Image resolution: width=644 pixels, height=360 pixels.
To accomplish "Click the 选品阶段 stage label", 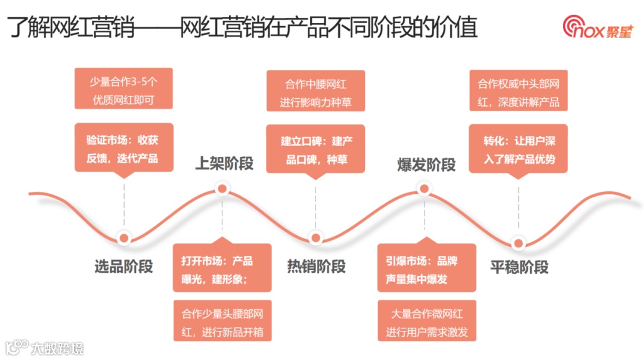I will (x=123, y=266).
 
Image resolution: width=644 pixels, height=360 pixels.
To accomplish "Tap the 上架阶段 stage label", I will (x=224, y=163).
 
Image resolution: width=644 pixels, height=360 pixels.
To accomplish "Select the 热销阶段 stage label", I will (x=316, y=266).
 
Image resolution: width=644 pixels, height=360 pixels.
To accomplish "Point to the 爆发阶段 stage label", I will (x=426, y=165).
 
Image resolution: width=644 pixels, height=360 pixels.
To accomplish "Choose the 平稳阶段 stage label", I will (x=519, y=267).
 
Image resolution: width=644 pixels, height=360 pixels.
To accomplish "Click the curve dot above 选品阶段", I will (x=124, y=237).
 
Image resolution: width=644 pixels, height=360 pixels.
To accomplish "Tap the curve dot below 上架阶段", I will (x=222, y=190).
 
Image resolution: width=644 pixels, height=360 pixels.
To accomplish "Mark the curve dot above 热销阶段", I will (x=315, y=237).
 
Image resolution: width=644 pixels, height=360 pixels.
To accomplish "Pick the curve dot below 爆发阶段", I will (x=425, y=190).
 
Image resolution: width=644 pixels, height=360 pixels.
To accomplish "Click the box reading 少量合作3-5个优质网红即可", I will (x=123, y=89).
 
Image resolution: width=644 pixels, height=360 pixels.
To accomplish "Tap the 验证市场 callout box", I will (x=124, y=148).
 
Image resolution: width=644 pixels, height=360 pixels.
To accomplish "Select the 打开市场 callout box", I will (x=222, y=269).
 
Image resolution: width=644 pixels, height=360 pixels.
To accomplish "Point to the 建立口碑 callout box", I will (x=315, y=149).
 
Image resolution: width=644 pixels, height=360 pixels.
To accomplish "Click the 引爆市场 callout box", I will (x=426, y=269).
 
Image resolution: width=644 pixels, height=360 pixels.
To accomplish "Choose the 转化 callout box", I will (x=518, y=148).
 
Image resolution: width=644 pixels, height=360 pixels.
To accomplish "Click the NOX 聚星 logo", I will (x=597, y=27).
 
